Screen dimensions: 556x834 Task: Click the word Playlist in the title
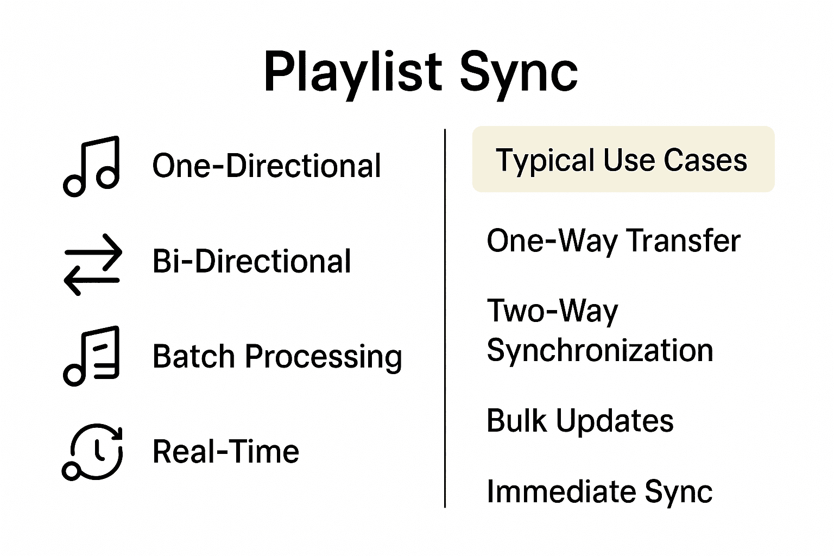pyautogui.click(x=352, y=73)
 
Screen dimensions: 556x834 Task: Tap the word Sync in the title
pyautogui.click(x=519, y=73)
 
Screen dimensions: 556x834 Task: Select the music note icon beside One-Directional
pyautogui.click(x=92, y=166)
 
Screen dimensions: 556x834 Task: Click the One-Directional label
pyautogui.click(x=266, y=166)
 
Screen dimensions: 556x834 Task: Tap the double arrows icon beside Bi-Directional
pyautogui.click(x=93, y=264)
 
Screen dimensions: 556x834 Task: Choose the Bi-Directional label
pyautogui.click(x=251, y=261)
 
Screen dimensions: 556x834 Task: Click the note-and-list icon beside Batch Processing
pyautogui.click(x=92, y=356)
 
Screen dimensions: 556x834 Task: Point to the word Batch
pyautogui.click(x=193, y=357)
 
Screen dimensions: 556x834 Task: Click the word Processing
pyautogui.click(x=324, y=358)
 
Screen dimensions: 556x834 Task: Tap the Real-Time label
pyautogui.click(x=225, y=452)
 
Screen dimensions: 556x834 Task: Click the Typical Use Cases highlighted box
pyautogui.click(x=623, y=160)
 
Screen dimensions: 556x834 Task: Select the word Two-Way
pyautogui.click(x=552, y=312)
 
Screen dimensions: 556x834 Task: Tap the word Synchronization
pyautogui.click(x=599, y=350)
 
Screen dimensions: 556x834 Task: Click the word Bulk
pyautogui.click(x=516, y=421)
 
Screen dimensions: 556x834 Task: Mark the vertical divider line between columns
pyautogui.click(x=445, y=318)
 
